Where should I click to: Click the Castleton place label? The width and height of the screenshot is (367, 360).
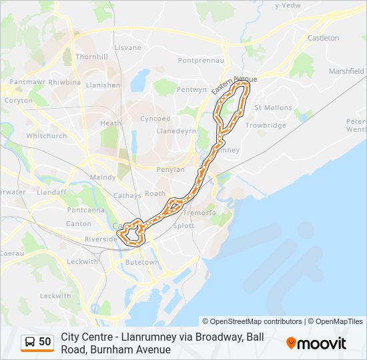pyautogui.click(x=324, y=38)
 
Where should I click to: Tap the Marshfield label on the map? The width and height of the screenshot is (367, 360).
pyautogui.click(x=346, y=71)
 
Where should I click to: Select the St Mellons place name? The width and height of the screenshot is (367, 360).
pyautogui.click(x=273, y=107)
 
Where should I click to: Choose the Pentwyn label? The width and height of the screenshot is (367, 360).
pyautogui.click(x=192, y=89)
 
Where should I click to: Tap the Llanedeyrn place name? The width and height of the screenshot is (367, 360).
pyautogui.click(x=175, y=131)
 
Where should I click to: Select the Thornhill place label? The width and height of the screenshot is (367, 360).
pyautogui.click(x=92, y=57)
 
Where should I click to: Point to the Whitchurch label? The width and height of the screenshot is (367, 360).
pyautogui.click(x=47, y=136)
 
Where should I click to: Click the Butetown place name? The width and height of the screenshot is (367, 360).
pyautogui.click(x=143, y=263)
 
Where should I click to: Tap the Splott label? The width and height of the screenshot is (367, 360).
pyautogui.click(x=183, y=226)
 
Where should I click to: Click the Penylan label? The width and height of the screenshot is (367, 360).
pyautogui.click(x=170, y=169)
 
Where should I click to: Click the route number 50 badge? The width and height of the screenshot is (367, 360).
pyautogui.click(x=45, y=342)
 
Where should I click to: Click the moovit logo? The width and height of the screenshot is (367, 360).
pyautogui.click(x=316, y=343)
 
